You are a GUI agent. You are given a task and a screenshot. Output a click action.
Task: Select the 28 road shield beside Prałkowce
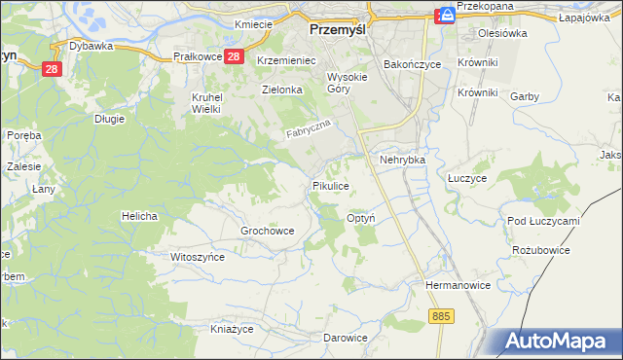(x=233, y=57)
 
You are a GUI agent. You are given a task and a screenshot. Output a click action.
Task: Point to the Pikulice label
(x=330, y=184)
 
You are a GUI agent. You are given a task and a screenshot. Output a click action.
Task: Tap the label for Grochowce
(x=267, y=231)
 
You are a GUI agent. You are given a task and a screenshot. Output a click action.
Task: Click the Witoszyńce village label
(x=198, y=257)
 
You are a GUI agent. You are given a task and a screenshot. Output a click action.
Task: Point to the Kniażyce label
(x=234, y=329)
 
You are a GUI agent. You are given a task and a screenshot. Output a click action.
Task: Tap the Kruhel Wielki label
(x=207, y=103)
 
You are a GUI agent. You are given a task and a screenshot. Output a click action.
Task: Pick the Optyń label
(x=362, y=220)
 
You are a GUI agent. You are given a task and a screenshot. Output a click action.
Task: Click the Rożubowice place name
(x=540, y=250)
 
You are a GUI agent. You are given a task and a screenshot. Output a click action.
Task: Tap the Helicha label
(x=139, y=215)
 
